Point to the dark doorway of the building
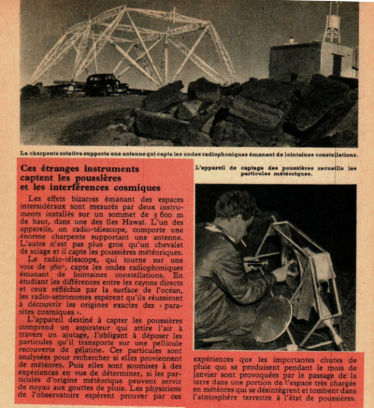(337, 65)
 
